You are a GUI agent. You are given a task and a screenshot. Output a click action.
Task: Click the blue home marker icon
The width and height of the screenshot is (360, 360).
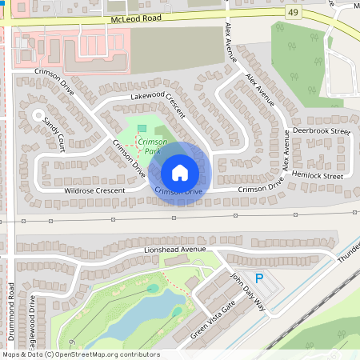[180, 172]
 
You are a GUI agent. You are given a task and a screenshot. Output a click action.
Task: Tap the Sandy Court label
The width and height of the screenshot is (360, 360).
[54, 131]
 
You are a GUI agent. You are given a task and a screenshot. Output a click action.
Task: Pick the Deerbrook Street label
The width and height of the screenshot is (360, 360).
[322, 130]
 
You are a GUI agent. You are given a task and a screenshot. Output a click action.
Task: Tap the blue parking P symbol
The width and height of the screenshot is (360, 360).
[258, 277]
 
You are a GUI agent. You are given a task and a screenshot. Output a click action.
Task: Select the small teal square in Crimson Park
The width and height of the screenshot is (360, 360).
[142, 128]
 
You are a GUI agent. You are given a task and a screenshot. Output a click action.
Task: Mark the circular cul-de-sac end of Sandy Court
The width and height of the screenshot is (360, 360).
[37, 117]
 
